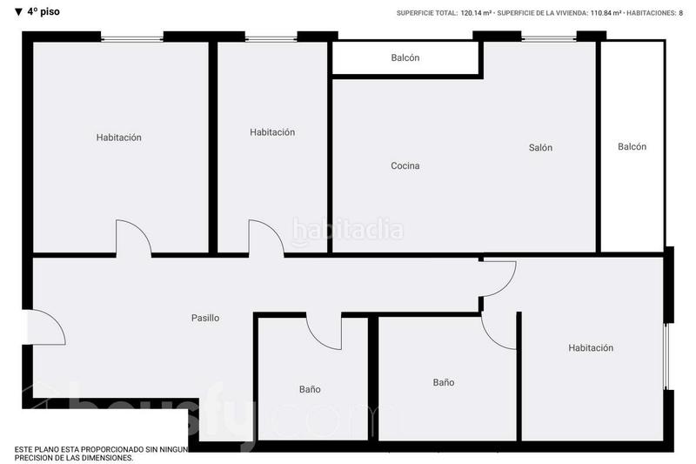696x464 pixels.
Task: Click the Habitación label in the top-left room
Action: tap(118, 138)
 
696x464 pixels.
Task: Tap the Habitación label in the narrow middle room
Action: tap(272, 132)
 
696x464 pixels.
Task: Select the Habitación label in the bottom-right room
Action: tap(591, 348)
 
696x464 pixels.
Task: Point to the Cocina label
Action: tap(405, 166)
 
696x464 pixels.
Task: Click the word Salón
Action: tap(540, 148)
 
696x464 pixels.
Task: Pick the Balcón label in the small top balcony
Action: tap(405, 58)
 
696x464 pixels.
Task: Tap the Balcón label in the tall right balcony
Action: tap(632, 147)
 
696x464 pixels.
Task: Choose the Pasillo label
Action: tap(205, 319)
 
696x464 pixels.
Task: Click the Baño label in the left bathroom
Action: tap(310, 389)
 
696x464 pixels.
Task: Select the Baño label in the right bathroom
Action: tap(444, 382)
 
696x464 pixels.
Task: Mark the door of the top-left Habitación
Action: tap(133, 238)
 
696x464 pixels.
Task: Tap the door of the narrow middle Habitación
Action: tap(264, 238)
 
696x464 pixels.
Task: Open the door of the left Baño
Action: tap(323, 332)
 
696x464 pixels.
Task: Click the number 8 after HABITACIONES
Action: tap(681, 13)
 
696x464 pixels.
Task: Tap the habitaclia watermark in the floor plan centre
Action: tap(348, 231)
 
